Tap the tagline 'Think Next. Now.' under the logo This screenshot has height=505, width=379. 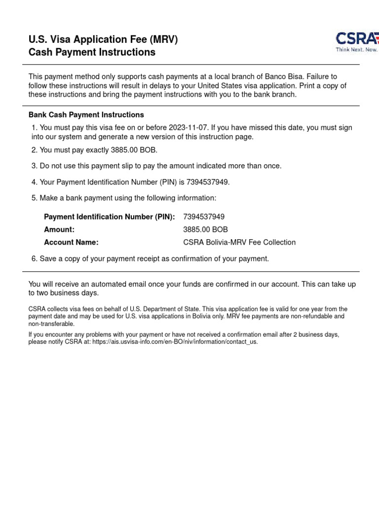click(357, 50)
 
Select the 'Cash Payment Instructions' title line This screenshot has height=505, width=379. click(92, 52)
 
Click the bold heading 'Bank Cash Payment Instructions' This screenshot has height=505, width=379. click(86, 115)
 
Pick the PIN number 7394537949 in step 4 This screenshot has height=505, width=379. click(207, 182)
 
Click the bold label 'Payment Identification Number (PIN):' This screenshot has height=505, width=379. click(110, 217)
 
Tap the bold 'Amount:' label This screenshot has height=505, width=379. click(59, 230)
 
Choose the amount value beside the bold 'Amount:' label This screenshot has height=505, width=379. click(205, 230)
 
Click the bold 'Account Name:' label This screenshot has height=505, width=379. click(71, 243)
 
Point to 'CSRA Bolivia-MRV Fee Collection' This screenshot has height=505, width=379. click(239, 243)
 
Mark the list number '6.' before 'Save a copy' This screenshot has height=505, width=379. click(35, 259)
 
